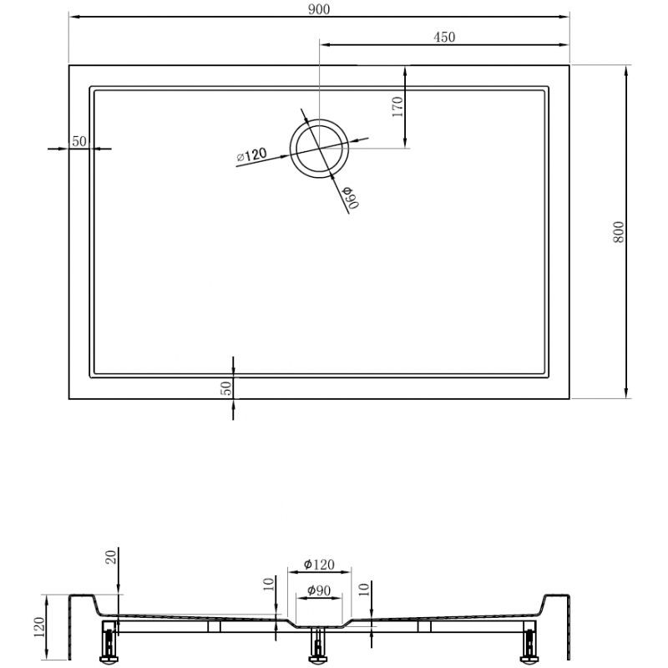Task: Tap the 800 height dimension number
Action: [x=619, y=231]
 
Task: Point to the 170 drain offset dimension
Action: [x=397, y=106]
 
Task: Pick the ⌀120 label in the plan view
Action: [x=251, y=154]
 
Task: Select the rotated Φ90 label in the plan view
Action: [x=349, y=198]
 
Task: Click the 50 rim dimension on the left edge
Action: [x=79, y=140]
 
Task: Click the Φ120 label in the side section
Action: [x=319, y=564]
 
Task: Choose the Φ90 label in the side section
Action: [x=320, y=591]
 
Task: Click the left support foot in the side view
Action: [x=109, y=642]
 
